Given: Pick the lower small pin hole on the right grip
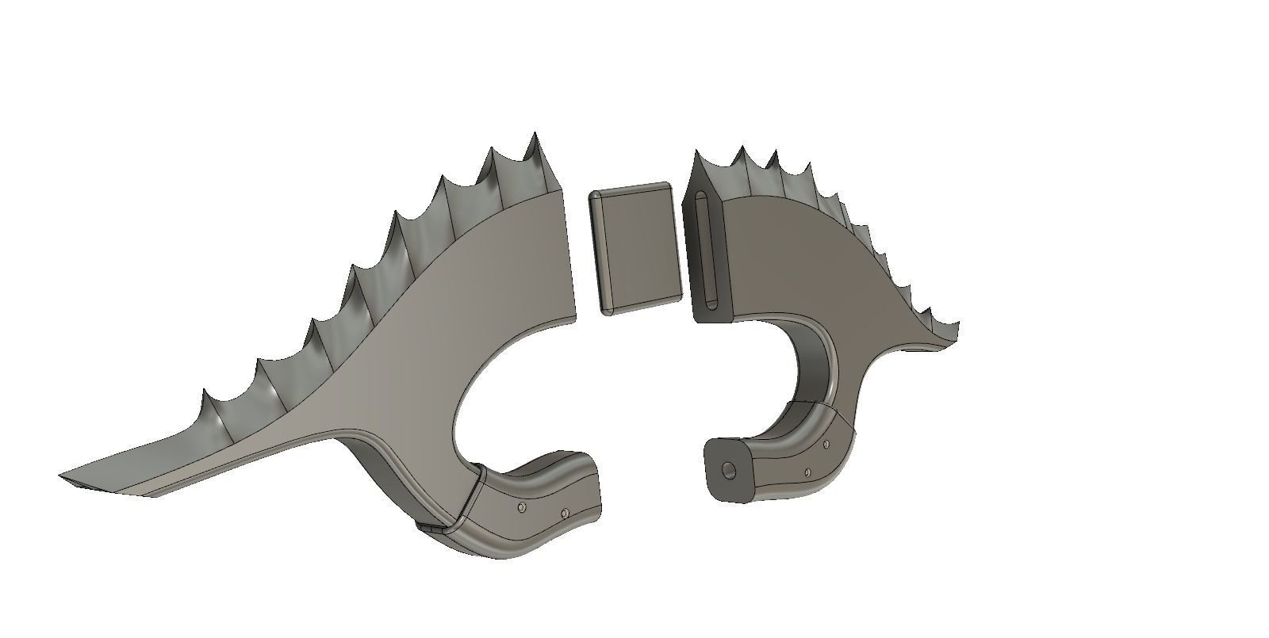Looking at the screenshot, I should tap(808, 472).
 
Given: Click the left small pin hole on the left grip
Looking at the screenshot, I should tap(521, 506).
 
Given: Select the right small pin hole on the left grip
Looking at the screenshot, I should tap(565, 513).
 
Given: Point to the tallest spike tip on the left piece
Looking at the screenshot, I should tap(533, 134).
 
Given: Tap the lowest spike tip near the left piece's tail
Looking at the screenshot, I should tap(204, 391).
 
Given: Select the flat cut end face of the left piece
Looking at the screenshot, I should tap(566, 254).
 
